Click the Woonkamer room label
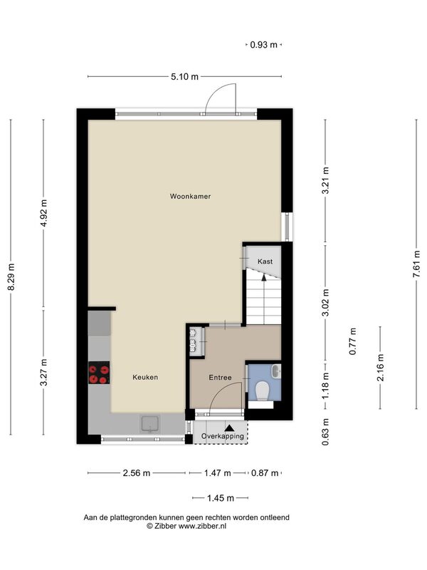(x=190, y=197)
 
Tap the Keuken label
(x=145, y=378)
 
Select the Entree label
(x=220, y=378)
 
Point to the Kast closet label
(x=265, y=261)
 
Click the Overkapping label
(x=223, y=436)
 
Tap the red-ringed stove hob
(x=99, y=373)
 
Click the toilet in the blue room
(x=262, y=390)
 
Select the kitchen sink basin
(x=150, y=424)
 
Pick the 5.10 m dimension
(x=185, y=77)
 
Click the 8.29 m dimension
(x=11, y=277)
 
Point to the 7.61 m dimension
(x=416, y=264)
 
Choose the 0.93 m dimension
(x=263, y=45)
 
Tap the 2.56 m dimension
(x=137, y=473)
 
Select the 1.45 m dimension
(x=221, y=498)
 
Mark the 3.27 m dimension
(x=44, y=372)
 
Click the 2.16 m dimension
(x=380, y=367)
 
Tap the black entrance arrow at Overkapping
(x=229, y=428)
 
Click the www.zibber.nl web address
(x=202, y=526)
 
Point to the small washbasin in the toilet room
(x=277, y=371)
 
